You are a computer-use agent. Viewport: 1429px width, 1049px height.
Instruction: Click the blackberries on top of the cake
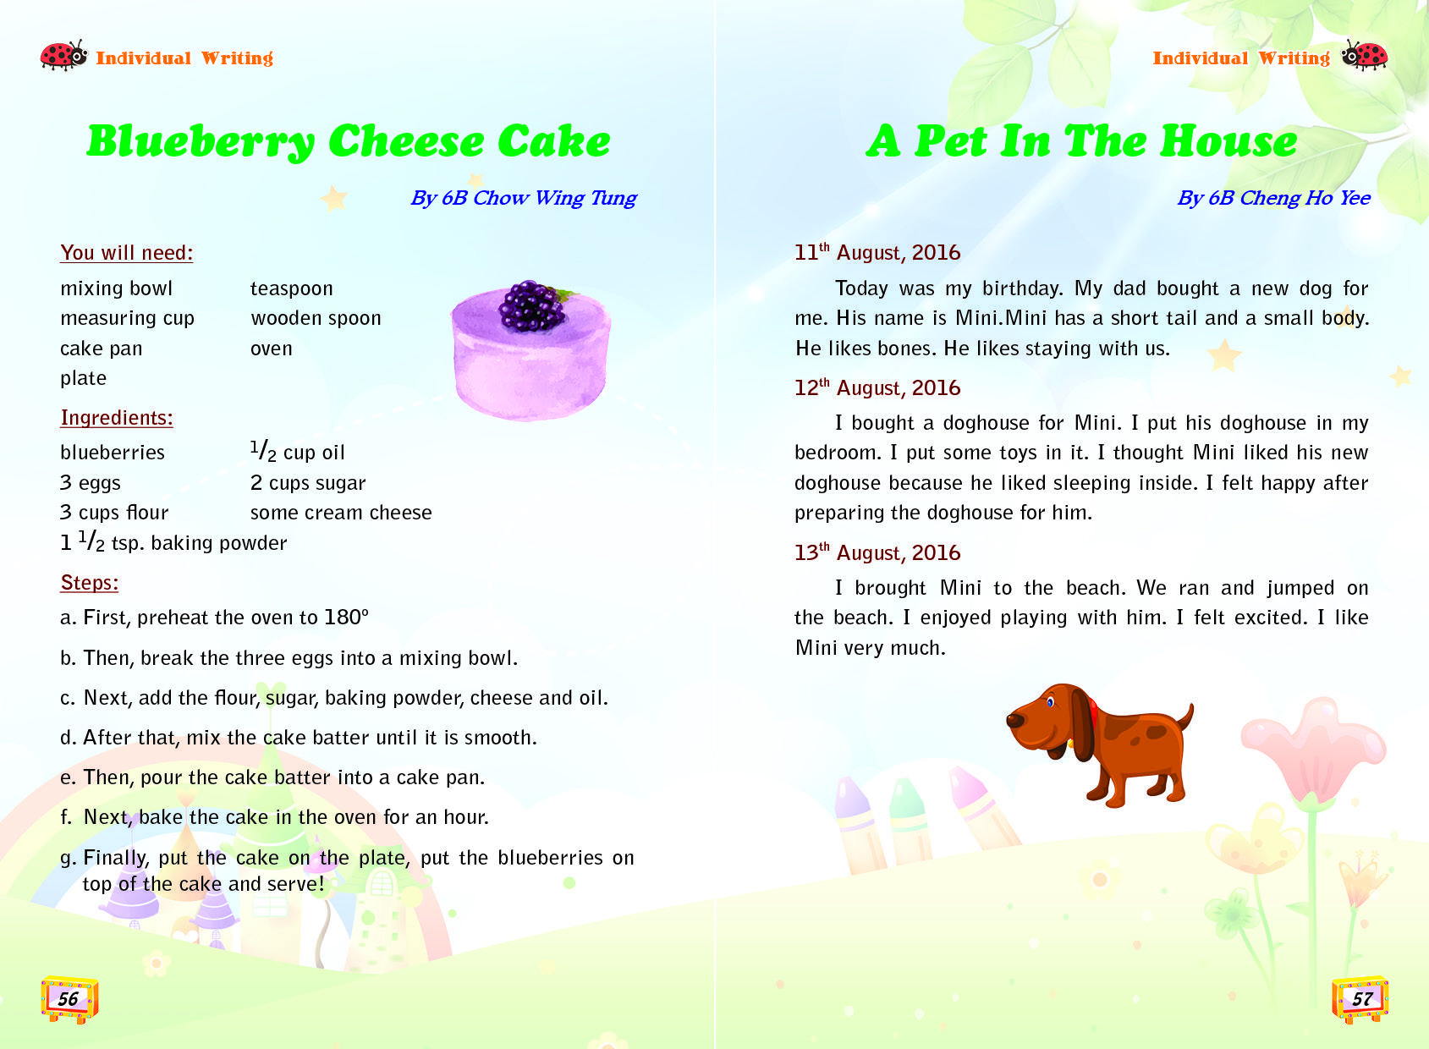click(x=531, y=305)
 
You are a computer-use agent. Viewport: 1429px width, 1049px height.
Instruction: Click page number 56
click(x=69, y=998)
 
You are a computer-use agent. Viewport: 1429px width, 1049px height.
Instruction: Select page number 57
click(x=1361, y=998)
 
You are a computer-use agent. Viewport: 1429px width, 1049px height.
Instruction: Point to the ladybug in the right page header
click(x=1365, y=56)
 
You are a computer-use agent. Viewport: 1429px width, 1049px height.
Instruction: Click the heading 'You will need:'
click(x=127, y=253)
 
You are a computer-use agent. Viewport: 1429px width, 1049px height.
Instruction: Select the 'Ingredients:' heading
click(x=117, y=418)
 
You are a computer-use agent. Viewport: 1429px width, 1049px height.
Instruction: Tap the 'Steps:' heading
click(x=90, y=583)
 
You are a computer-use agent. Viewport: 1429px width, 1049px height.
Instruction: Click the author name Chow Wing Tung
click(x=554, y=198)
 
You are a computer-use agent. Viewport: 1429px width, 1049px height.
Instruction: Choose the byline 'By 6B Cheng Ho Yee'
click(x=1273, y=198)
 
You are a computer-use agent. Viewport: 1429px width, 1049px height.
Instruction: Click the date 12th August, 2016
click(x=877, y=388)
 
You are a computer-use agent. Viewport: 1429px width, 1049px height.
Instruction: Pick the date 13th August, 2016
click(x=877, y=553)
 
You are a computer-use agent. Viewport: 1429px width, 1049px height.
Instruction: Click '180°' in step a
click(x=347, y=618)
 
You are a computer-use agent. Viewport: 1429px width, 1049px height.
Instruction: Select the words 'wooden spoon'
click(x=316, y=319)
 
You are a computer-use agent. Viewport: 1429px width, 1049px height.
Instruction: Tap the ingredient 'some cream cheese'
click(x=341, y=513)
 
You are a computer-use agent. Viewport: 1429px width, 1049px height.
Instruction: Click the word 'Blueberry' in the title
click(x=201, y=141)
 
